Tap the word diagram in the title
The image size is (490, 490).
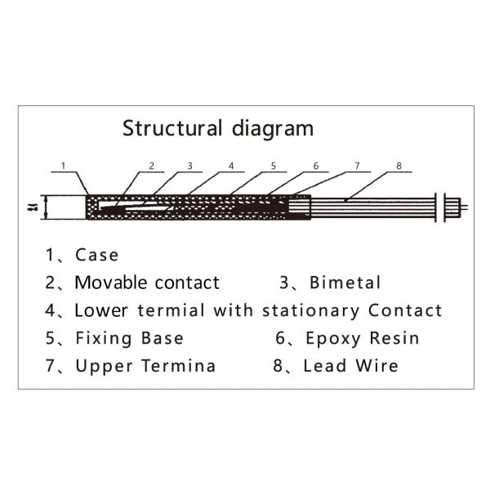click(x=271, y=128)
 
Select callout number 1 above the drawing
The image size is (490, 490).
click(x=64, y=166)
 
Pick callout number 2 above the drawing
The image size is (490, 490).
click(x=152, y=166)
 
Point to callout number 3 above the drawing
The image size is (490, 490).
click(x=189, y=166)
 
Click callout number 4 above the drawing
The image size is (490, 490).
click(x=231, y=166)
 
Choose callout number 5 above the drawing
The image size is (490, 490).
click(x=274, y=166)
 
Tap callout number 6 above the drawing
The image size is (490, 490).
click(x=315, y=166)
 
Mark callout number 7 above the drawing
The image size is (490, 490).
click(x=357, y=166)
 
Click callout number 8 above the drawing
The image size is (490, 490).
click(x=399, y=166)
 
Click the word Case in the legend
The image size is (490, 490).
click(x=96, y=255)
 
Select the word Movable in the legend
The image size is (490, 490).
click(x=106, y=283)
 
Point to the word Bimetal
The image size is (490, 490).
click(x=345, y=283)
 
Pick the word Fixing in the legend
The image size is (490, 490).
click(x=97, y=338)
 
